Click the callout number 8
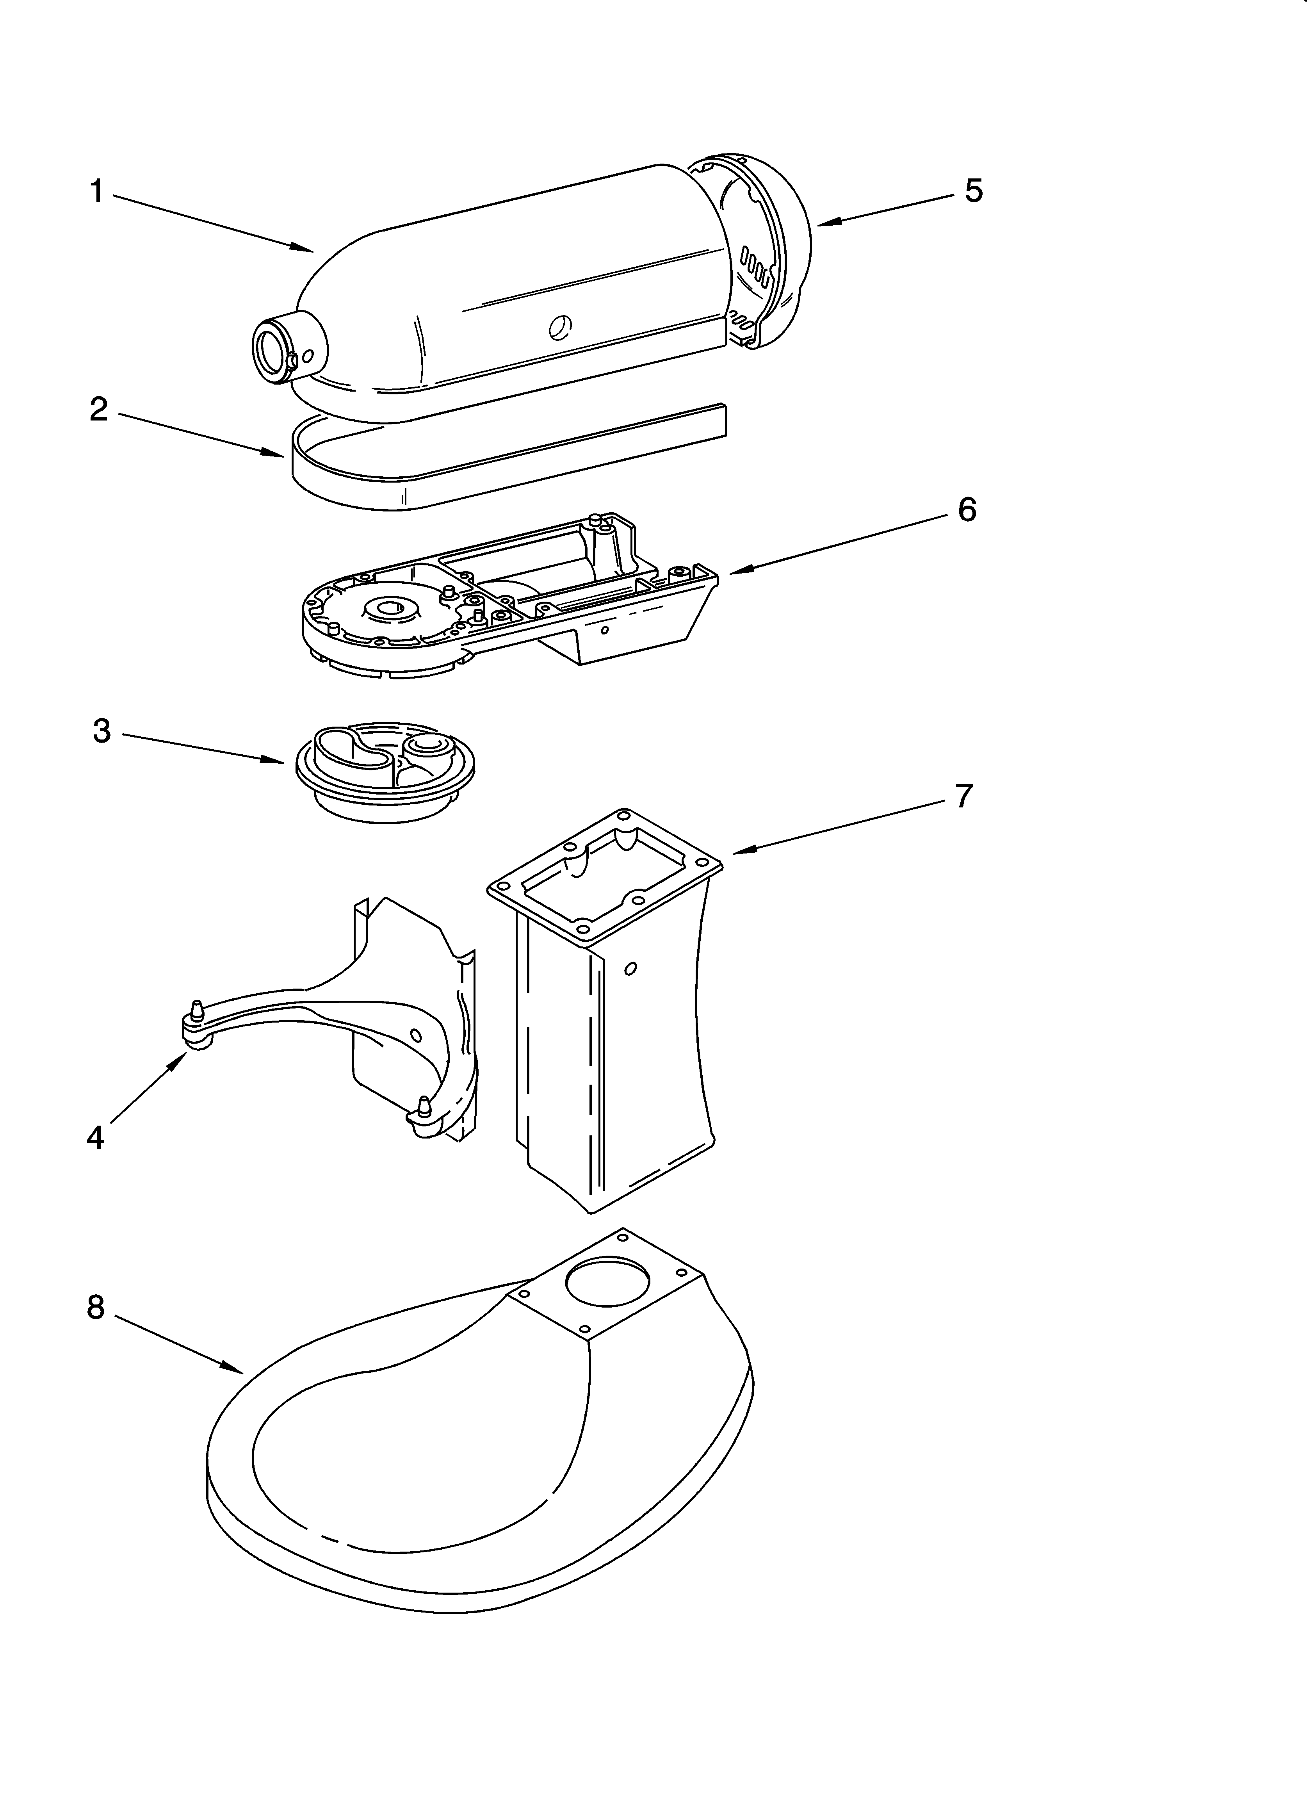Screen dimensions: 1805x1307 pyautogui.click(x=96, y=1307)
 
